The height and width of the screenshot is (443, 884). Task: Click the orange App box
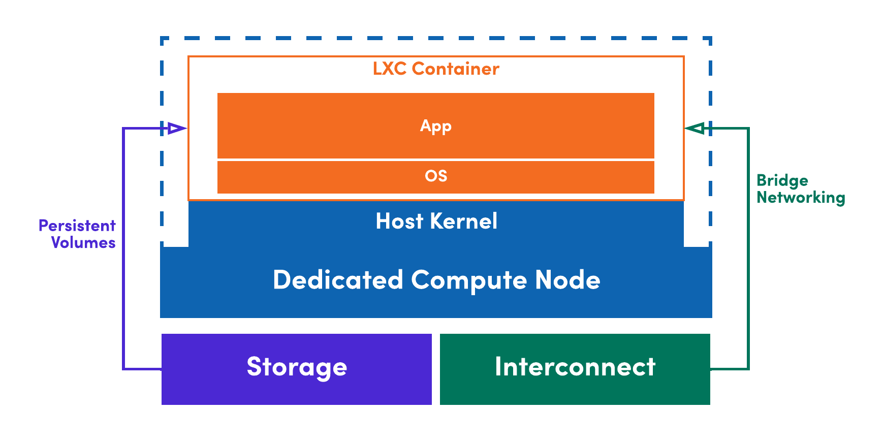(435, 125)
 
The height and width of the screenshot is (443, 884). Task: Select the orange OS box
(435, 176)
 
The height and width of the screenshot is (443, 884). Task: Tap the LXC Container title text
(435, 69)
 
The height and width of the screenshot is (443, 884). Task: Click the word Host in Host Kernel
(399, 221)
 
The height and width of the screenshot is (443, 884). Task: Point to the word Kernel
(463, 221)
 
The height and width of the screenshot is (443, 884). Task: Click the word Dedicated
(338, 280)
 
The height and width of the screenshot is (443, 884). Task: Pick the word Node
(567, 280)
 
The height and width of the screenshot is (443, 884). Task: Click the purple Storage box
(297, 369)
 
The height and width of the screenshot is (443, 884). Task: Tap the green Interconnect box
(575, 369)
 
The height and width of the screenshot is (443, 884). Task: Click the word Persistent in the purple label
(77, 226)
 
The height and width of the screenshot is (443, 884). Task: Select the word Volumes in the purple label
(83, 243)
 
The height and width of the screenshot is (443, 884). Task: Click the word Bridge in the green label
(782, 181)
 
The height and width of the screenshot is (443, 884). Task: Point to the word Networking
(801, 198)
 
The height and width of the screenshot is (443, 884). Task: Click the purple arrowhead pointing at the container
(176, 128)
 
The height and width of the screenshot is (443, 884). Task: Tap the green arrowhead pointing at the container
(695, 128)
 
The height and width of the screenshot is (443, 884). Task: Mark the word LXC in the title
(390, 69)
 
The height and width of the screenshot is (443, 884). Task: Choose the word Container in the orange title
(455, 69)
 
